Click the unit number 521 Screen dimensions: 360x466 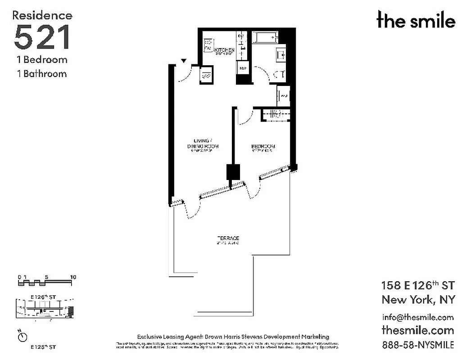coord(42,37)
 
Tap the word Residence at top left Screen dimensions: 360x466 coord(42,15)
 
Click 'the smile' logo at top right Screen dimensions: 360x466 coord(416,20)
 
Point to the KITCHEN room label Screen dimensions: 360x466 coord(224,49)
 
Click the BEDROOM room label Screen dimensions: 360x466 coord(263,147)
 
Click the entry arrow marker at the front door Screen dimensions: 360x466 coord(184,61)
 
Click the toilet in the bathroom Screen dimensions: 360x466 coord(280,75)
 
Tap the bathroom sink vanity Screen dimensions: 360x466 coord(281,55)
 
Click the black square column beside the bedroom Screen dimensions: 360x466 coord(233,172)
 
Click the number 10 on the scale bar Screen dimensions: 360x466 coord(73,277)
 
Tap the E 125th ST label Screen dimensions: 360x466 coord(43,347)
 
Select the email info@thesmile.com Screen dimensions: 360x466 coord(417,317)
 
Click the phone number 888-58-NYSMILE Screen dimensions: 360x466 coord(417,345)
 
